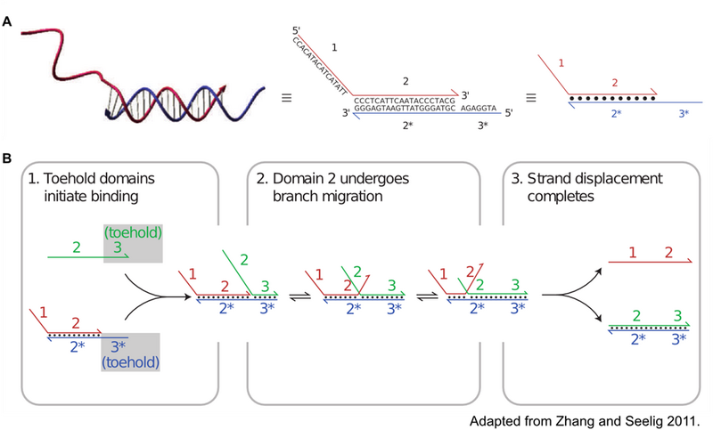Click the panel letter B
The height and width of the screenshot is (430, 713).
7,158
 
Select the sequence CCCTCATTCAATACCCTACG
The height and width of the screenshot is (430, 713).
405,101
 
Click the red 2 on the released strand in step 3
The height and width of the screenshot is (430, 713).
668,252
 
